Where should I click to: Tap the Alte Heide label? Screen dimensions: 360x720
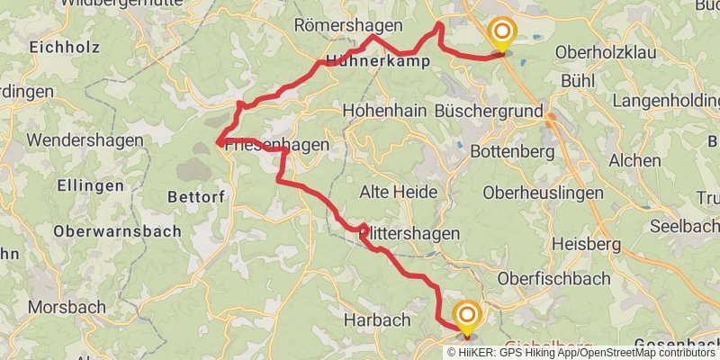pos(398,192)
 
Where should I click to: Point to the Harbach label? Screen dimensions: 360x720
pos(377,319)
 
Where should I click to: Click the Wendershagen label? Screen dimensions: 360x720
pos(85,140)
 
